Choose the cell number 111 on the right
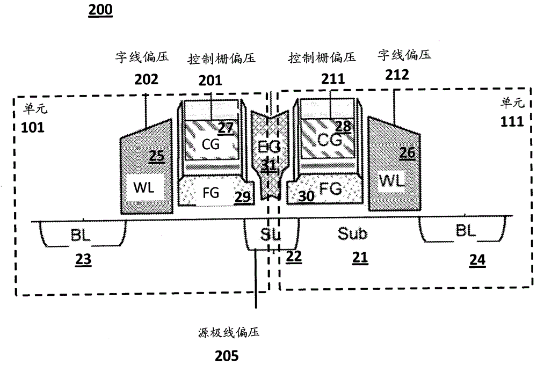512,121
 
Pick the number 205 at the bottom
227,355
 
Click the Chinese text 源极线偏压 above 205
227,333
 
